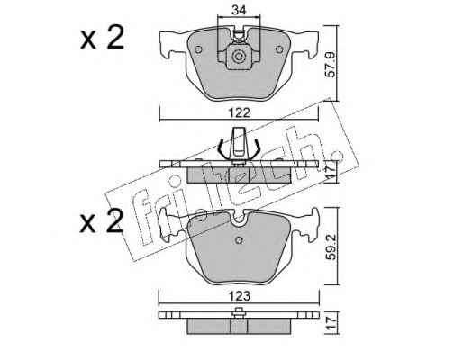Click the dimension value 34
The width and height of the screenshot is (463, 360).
[x=239, y=10]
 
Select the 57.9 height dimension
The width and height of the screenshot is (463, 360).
[x=331, y=65]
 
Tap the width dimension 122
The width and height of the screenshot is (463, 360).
[x=239, y=113]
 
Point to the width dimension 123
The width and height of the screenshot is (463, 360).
[x=239, y=296]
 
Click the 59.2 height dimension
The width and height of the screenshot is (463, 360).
[x=331, y=247]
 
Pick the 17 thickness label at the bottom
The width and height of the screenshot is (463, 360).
[x=331, y=323]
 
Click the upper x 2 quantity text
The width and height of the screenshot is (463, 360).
[x=102, y=38]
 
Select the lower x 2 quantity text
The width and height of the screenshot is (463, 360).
[x=102, y=221]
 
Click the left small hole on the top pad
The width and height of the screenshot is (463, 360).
[x=198, y=49]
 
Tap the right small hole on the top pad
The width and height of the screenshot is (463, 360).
[x=279, y=49]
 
